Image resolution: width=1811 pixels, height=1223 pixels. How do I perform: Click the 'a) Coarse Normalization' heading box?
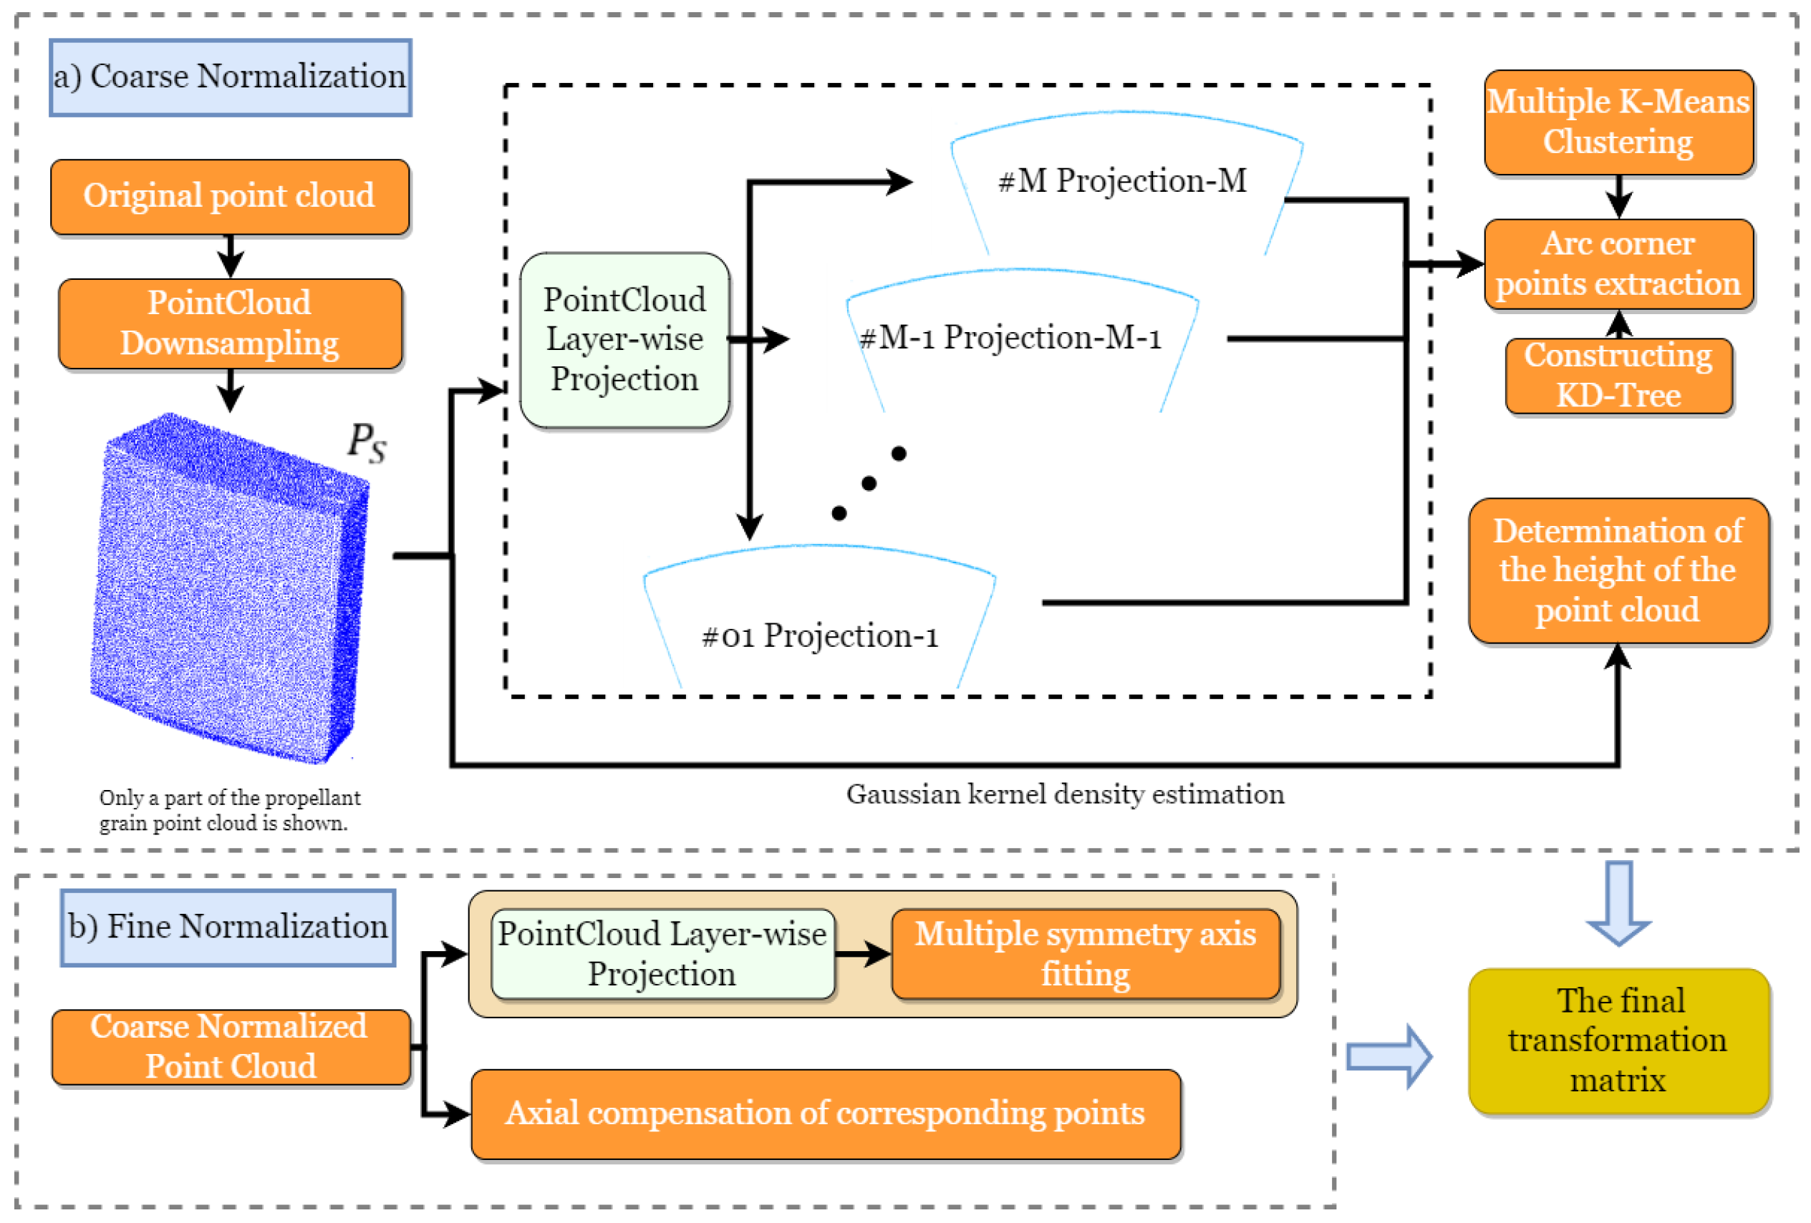(x=230, y=78)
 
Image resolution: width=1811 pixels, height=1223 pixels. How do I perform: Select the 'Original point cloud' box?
(x=230, y=196)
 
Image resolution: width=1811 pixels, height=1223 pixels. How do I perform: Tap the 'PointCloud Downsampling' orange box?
(x=230, y=323)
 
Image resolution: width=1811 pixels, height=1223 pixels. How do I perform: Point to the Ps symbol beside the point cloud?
(x=366, y=442)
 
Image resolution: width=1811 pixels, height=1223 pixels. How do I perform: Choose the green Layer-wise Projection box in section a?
(x=624, y=340)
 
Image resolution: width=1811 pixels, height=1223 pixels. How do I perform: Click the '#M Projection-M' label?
(x=1122, y=181)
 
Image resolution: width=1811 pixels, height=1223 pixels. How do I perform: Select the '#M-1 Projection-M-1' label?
(x=1010, y=337)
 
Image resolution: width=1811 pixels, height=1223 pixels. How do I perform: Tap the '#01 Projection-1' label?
(x=820, y=635)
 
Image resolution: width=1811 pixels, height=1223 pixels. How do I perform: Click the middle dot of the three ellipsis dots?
(x=869, y=484)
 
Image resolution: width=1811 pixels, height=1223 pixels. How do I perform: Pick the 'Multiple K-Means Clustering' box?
(x=1618, y=122)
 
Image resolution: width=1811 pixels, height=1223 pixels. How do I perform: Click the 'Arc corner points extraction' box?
(x=1618, y=264)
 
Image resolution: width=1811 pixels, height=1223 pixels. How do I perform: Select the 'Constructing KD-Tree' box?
(x=1618, y=376)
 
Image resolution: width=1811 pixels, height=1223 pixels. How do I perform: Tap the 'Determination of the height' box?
(x=1618, y=570)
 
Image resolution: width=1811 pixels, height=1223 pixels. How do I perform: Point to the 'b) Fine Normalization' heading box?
(x=228, y=927)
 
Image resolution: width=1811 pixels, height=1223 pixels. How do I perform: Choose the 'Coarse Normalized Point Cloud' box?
(x=230, y=1046)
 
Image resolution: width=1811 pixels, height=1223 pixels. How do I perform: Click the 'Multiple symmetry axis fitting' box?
(x=1085, y=953)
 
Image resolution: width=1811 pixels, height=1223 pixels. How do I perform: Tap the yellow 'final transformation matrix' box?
(x=1618, y=1041)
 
